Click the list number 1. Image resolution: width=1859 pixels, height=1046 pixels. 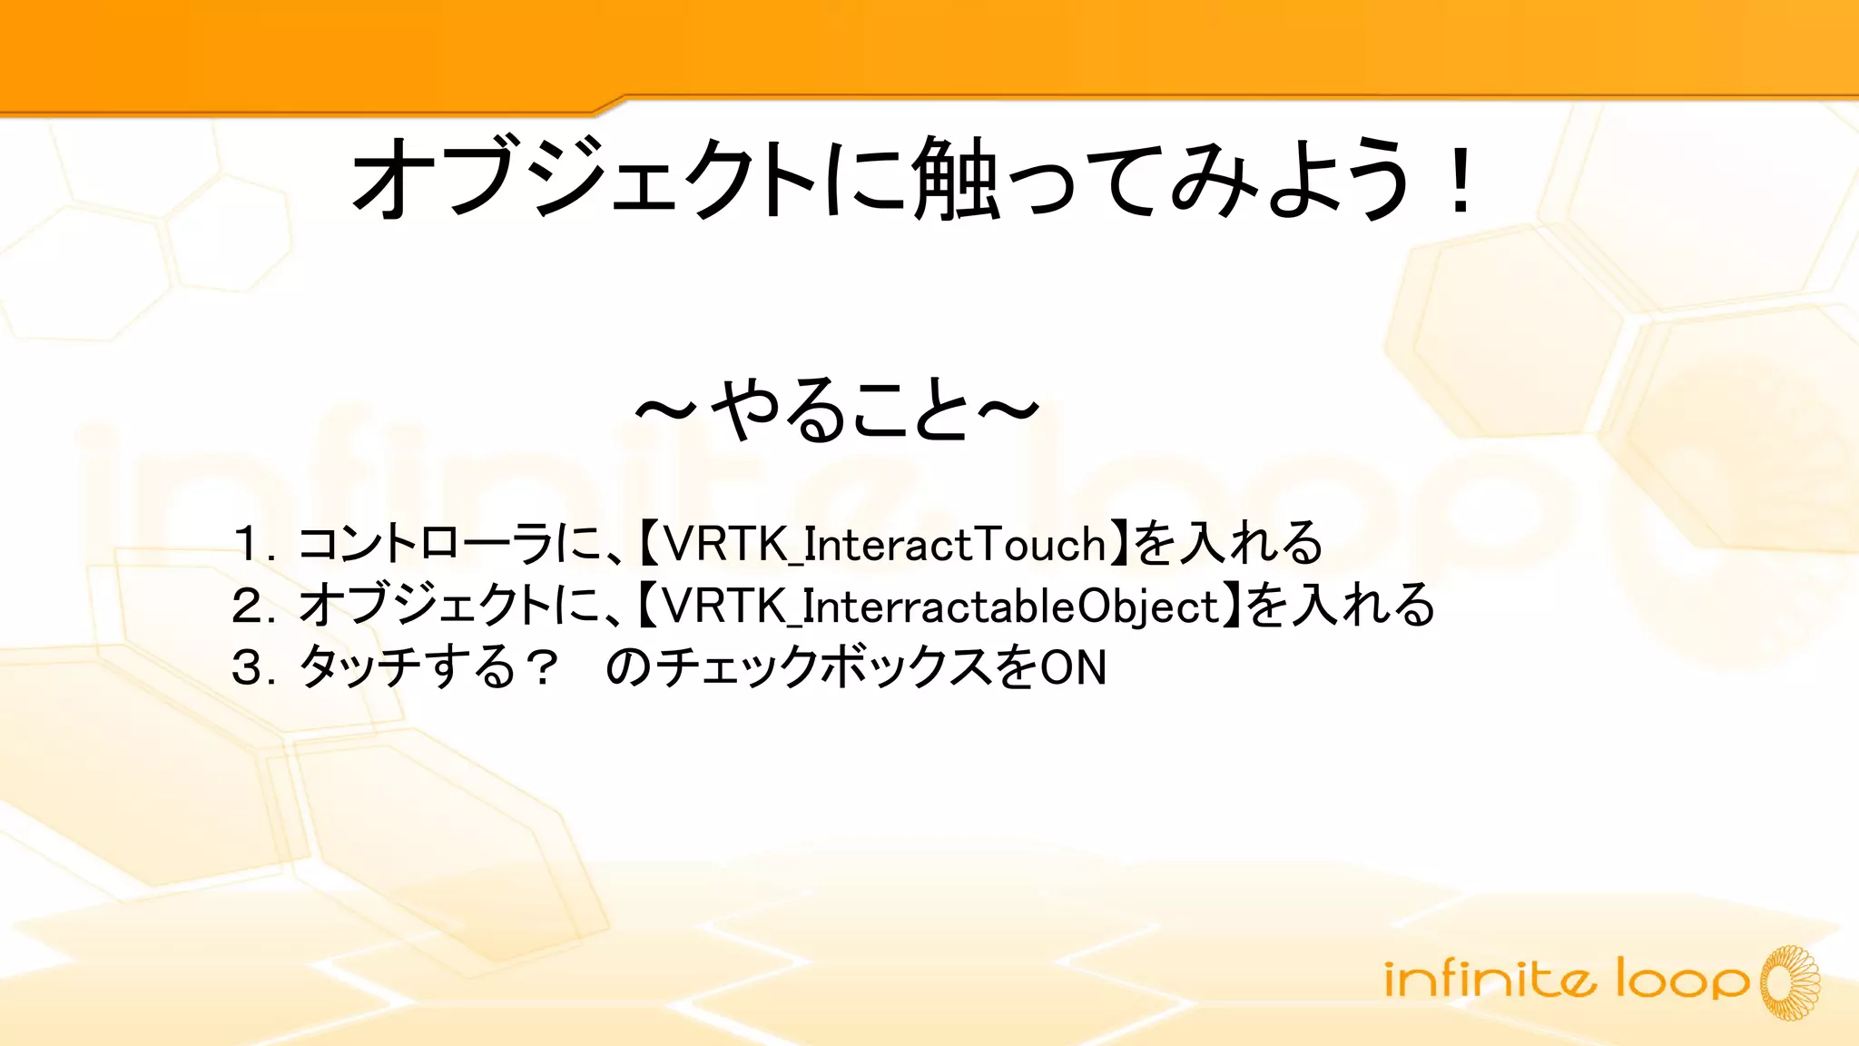pos(246,544)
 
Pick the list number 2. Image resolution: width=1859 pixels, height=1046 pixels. pos(248,606)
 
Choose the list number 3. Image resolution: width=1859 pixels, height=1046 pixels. pos(248,667)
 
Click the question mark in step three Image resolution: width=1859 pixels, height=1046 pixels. pos(543,667)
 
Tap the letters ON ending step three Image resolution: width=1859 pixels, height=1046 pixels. pos(1073,667)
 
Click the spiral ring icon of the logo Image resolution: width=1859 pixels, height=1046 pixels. pos(1791,982)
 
